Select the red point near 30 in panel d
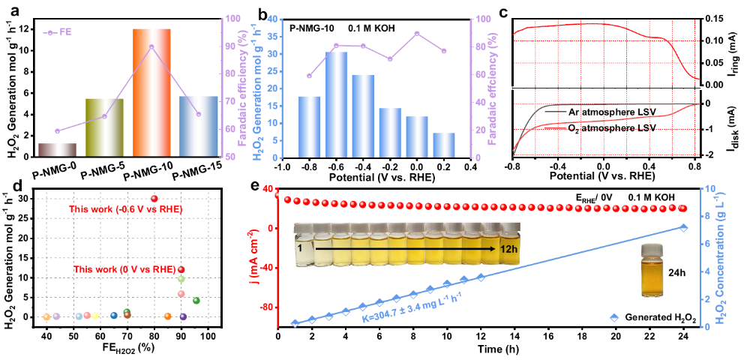coord(154,199)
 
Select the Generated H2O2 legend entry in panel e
coord(650,318)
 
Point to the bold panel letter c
coord(504,10)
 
